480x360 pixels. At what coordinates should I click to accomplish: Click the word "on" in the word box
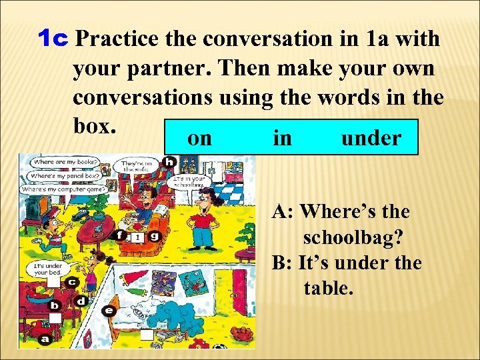200,138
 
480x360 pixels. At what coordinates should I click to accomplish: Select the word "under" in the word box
371,138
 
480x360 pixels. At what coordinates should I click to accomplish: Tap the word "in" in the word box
282,138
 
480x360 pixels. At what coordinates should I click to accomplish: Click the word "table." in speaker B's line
327,288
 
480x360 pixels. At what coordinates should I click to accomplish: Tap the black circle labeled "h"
169,162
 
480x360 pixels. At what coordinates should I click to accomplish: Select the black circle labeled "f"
120,235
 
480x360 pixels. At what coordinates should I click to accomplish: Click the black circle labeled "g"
154,235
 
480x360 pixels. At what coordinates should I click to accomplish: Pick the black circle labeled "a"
45,339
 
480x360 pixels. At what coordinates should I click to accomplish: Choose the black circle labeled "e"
109,310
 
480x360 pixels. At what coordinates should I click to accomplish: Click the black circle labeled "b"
56,305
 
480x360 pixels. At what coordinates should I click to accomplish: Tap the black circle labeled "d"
81,301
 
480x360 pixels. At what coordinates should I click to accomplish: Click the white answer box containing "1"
136,237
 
